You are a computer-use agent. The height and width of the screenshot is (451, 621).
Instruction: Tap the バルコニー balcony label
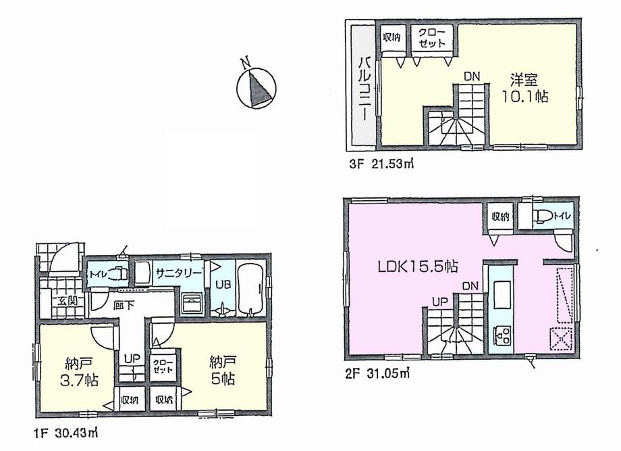362,86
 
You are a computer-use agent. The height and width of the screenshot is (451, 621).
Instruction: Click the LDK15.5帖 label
414,266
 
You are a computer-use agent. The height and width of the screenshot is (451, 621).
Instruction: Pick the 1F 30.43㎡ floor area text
64,430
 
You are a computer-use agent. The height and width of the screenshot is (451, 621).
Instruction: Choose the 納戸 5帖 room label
220,371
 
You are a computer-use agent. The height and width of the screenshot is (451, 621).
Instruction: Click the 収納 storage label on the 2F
500,217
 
